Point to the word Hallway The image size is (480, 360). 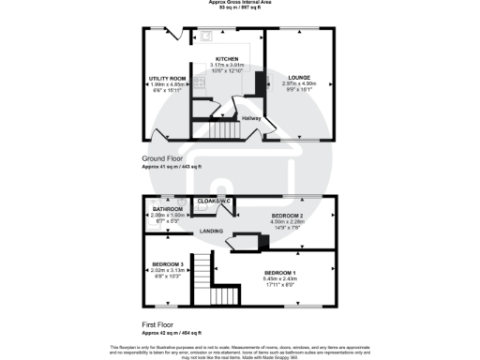tap(251, 118)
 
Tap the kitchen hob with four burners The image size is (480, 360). tap(198, 83)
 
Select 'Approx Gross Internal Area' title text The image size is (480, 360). tap(240, 3)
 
